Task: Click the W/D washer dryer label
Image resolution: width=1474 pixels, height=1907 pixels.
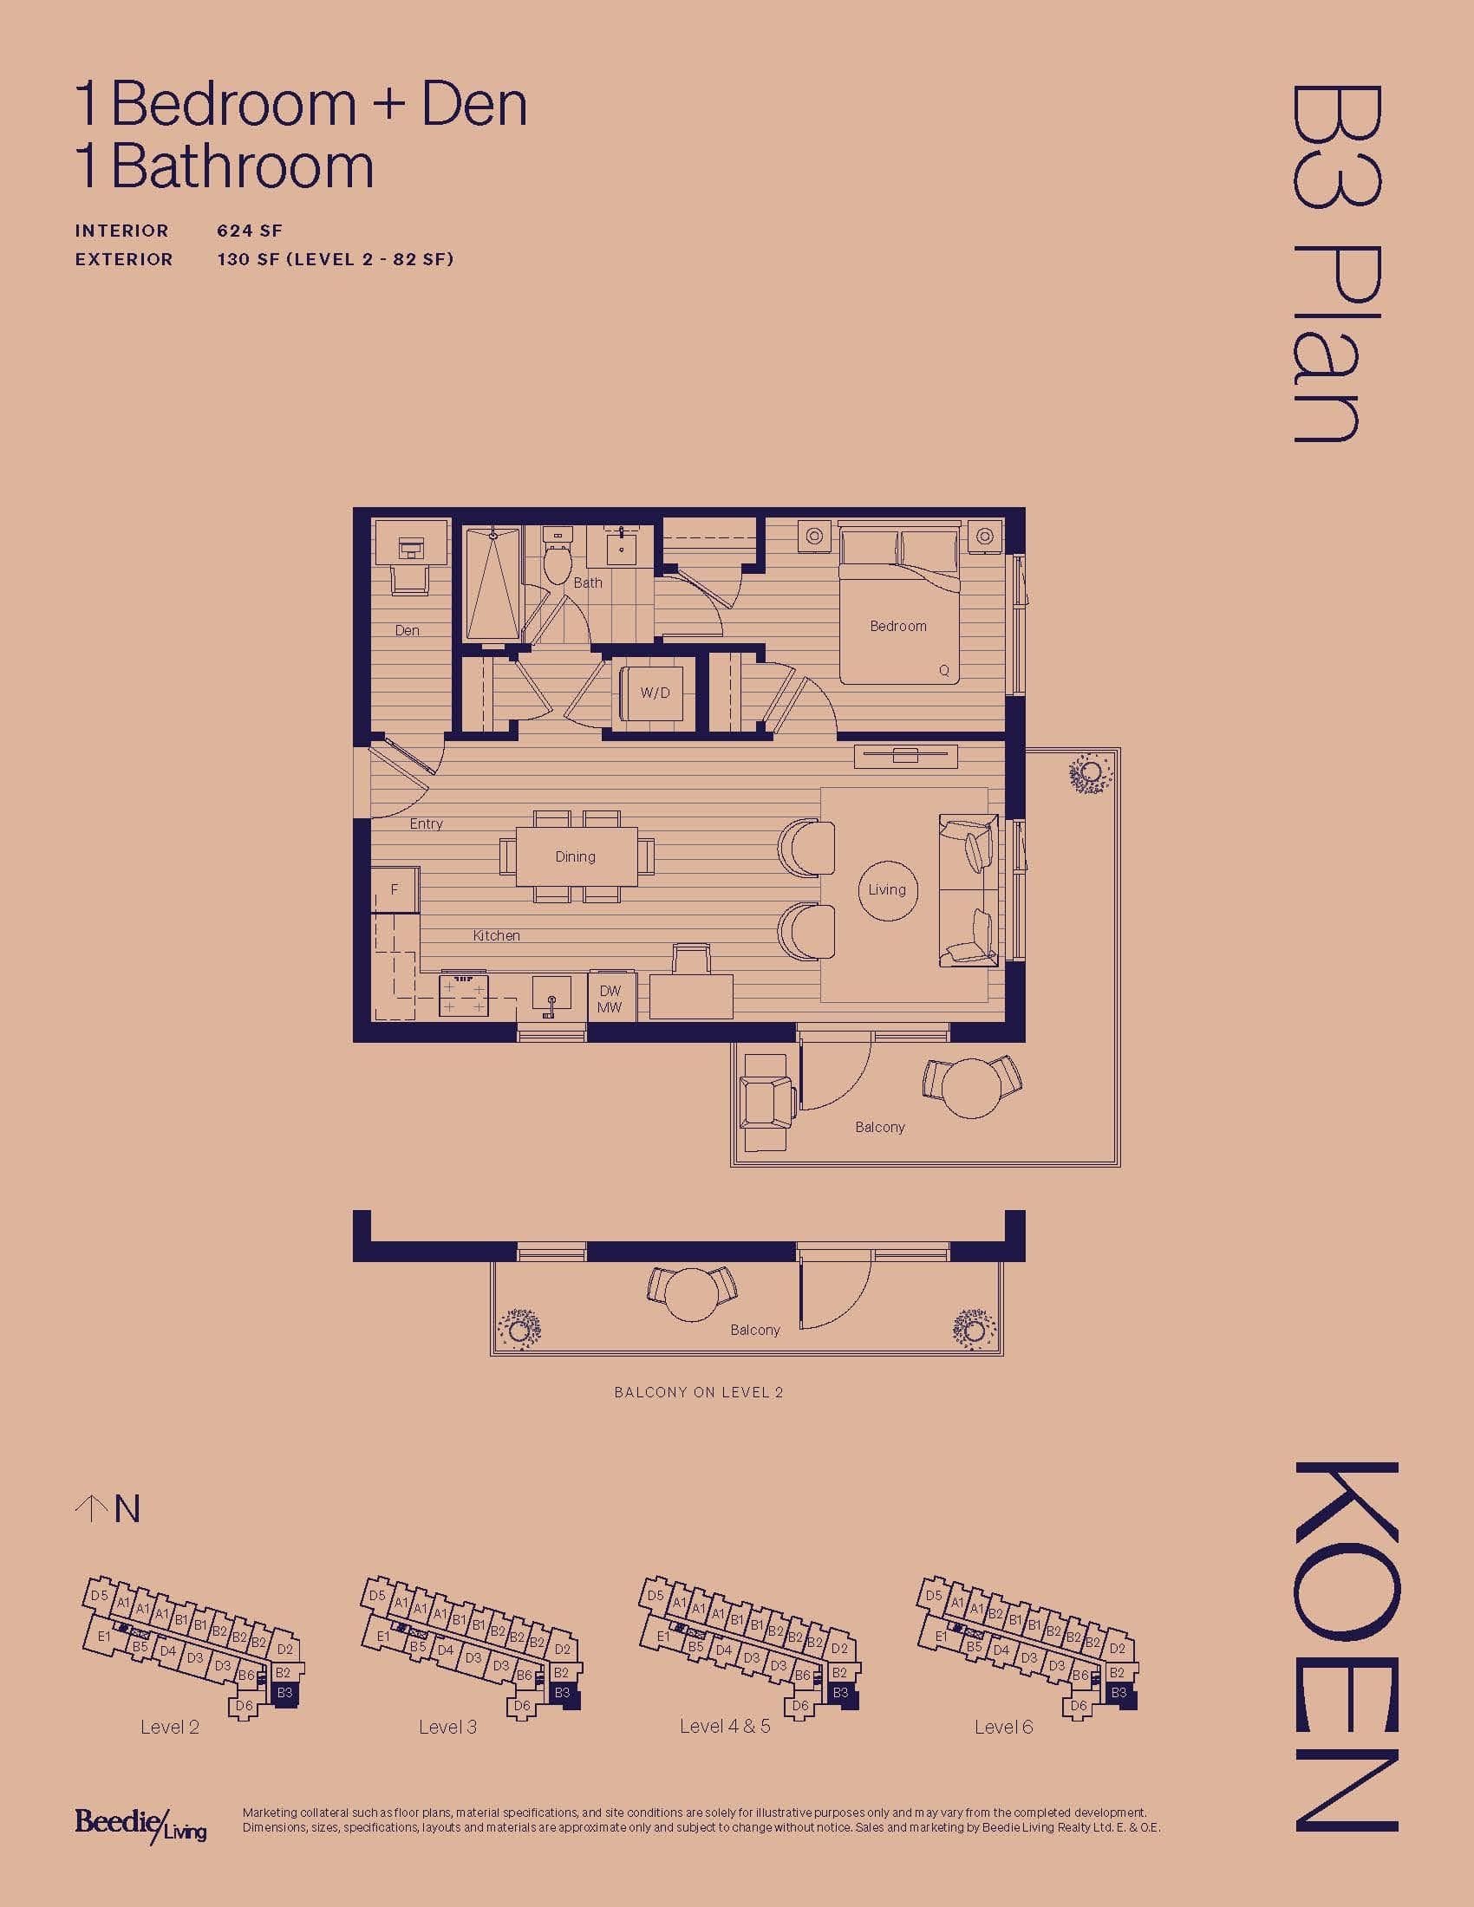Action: click(x=655, y=693)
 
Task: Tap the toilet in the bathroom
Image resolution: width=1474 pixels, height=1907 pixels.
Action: click(x=556, y=556)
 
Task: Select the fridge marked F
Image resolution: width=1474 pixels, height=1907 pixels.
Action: click(x=395, y=889)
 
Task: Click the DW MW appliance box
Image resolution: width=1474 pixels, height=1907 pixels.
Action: click(x=610, y=998)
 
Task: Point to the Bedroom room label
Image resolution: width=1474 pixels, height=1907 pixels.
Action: click(x=897, y=626)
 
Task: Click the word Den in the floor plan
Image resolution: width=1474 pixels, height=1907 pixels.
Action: click(x=407, y=630)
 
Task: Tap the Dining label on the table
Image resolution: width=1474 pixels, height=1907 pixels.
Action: click(x=576, y=856)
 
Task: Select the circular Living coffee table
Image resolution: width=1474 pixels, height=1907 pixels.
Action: click(x=887, y=890)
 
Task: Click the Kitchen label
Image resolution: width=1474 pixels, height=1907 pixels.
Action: click(x=497, y=935)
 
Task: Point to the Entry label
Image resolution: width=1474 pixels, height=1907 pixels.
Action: click(x=426, y=823)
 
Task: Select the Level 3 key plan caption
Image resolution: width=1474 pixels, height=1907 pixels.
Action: click(x=448, y=1726)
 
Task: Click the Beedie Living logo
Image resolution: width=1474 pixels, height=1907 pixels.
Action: click(x=140, y=1825)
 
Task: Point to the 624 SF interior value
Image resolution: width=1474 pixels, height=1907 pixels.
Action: click(x=250, y=231)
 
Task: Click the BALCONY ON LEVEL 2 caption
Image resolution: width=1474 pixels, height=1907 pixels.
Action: click(x=699, y=1392)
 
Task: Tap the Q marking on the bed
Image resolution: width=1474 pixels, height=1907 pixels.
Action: click(x=944, y=672)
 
